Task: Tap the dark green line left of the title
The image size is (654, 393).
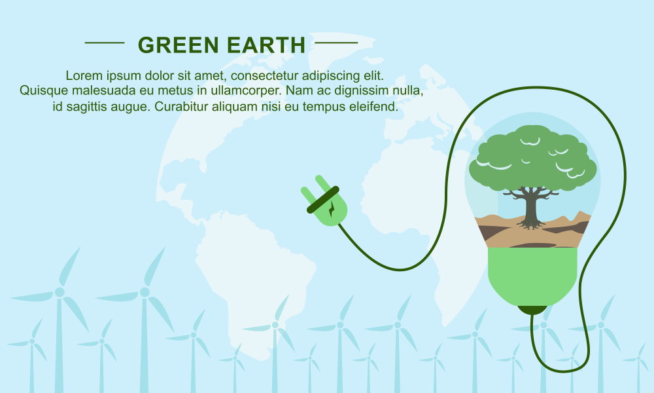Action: coord(105,43)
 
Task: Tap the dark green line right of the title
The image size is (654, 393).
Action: coord(336,43)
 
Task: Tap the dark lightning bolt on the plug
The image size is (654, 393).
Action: coord(332,208)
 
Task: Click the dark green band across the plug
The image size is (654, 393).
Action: coord(323,200)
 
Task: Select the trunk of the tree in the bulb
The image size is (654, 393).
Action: coord(531,207)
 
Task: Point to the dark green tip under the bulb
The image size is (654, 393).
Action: coord(532,309)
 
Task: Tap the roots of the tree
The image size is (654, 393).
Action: coord(531,225)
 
